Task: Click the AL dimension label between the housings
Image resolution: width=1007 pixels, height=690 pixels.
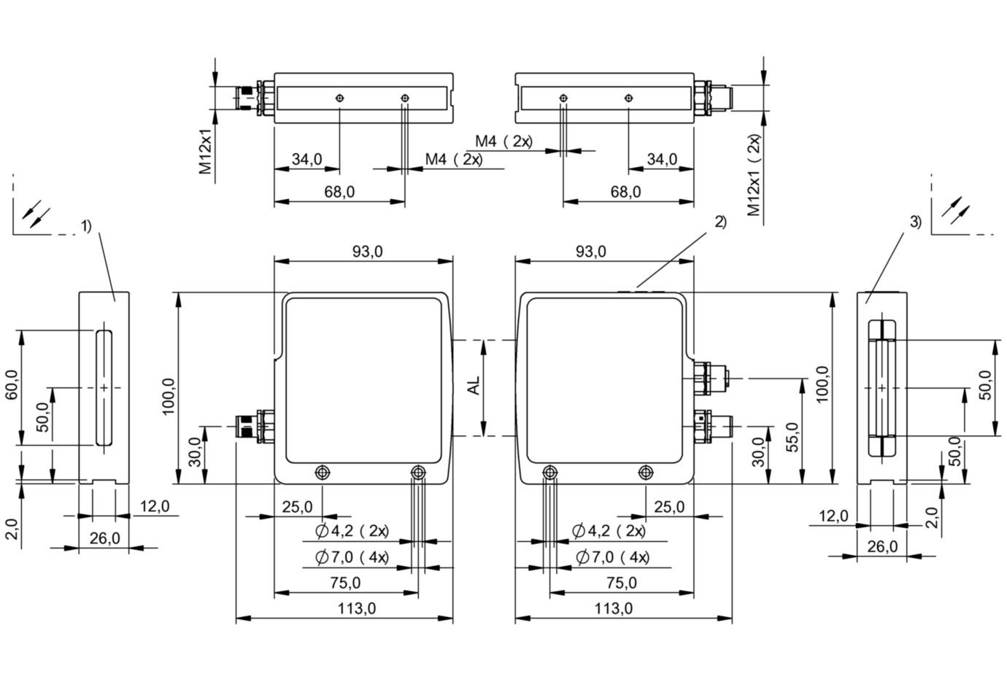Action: point(474,387)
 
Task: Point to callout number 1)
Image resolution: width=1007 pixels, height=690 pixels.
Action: point(87,226)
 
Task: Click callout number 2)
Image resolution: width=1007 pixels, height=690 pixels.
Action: point(719,222)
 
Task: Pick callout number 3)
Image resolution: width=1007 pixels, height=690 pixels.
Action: point(916,222)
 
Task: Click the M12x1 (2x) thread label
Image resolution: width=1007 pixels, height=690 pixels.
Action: point(753,175)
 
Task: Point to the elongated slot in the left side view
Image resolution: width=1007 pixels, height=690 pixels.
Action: point(104,387)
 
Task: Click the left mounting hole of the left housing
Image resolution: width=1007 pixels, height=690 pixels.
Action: point(322,473)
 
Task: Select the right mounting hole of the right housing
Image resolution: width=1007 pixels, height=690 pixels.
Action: point(644,473)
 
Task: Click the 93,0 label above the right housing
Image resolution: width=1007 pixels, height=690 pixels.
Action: point(591,252)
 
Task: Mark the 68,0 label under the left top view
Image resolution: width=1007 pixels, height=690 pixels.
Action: point(339,192)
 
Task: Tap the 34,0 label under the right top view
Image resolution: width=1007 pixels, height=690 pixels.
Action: point(661,159)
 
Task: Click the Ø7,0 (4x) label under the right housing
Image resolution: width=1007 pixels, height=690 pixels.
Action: point(612,558)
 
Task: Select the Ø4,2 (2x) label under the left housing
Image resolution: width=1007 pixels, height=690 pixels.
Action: point(352,531)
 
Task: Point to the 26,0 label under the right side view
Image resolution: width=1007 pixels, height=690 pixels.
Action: point(881,546)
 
